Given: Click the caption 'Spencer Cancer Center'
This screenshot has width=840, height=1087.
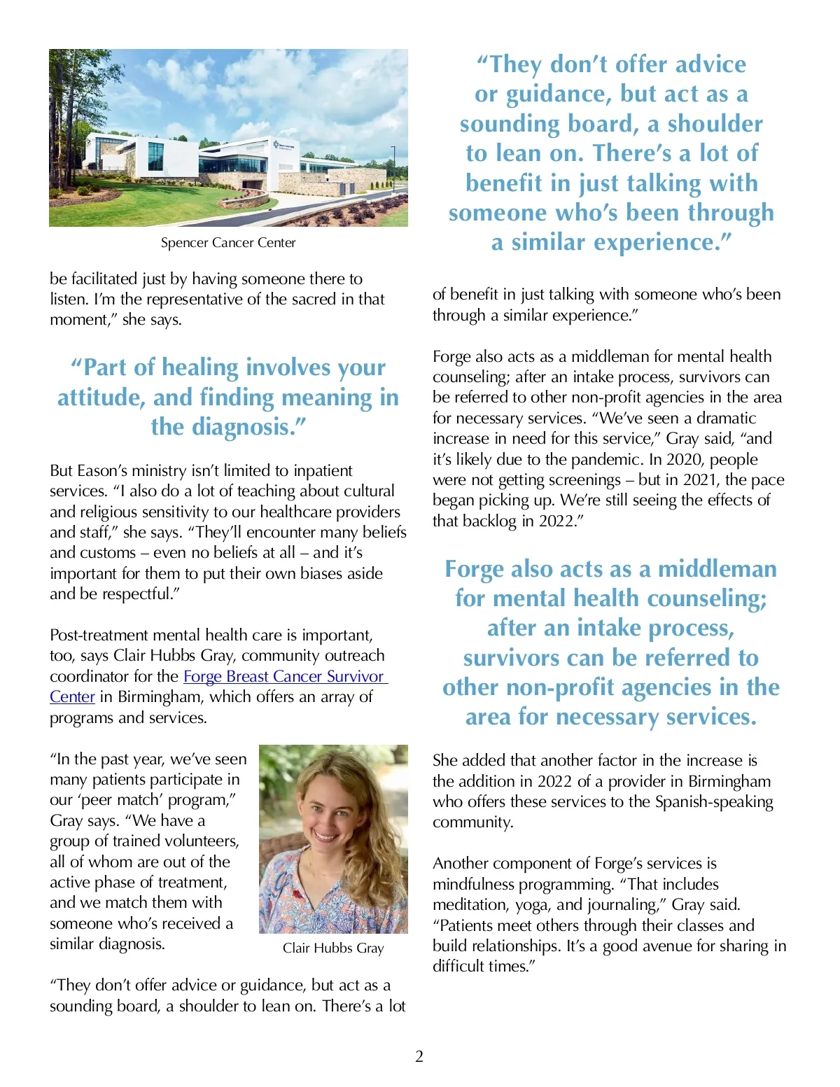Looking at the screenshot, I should click(228, 243).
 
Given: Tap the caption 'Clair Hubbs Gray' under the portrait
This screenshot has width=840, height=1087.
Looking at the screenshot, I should click(333, 948).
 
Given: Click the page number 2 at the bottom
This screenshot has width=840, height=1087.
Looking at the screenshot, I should click(419, 1056).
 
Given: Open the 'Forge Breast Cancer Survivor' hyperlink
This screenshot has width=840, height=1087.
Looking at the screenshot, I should click(284, 676).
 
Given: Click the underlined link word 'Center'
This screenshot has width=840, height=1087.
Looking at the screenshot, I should click(72, 697).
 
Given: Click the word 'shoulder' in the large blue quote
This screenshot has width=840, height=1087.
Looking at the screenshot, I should click(715, 124).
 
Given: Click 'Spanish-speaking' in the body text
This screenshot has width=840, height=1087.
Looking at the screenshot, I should click(714, 801).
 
